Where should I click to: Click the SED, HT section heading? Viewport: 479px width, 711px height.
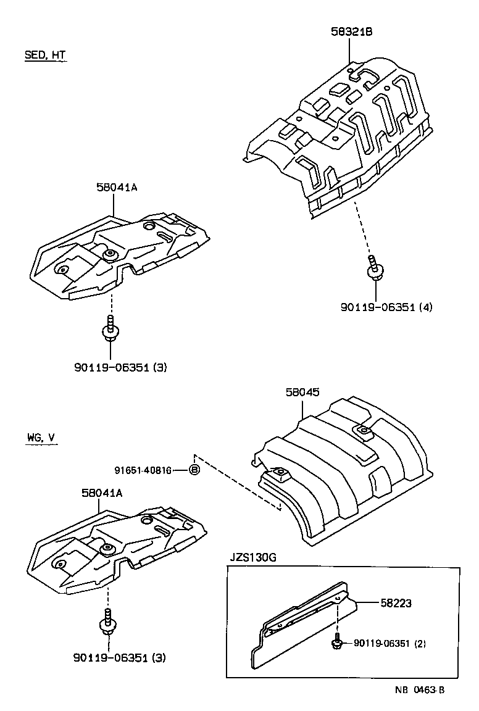[x=45, y=55]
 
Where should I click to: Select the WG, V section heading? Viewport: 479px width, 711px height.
[x=41, y=438]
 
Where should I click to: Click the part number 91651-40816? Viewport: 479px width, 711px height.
[x=143, y=470]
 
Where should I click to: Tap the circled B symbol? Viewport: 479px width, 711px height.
[x=194, y=470]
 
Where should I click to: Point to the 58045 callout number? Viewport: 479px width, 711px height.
[x=302, y=392]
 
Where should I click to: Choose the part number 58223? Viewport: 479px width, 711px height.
[x=396, y=602]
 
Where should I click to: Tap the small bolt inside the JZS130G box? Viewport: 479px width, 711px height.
[x=337, y=641]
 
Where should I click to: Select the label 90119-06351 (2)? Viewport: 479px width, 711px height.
[x=389, y=644]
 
